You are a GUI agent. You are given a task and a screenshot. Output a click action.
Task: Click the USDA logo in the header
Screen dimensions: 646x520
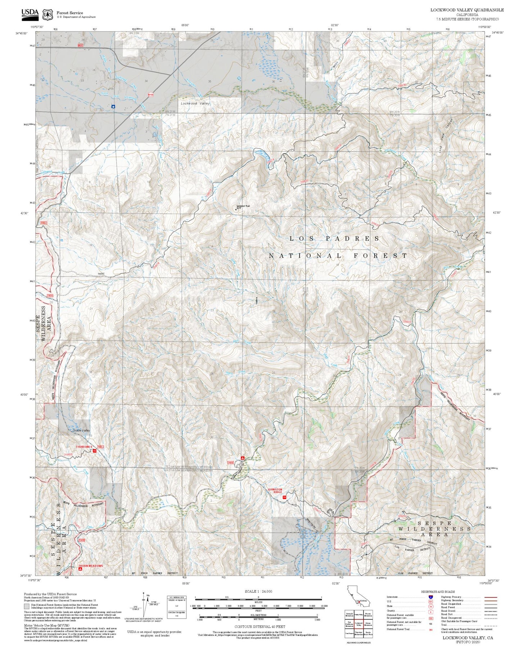30,13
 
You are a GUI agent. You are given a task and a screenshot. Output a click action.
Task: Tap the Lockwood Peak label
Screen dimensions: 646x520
243,206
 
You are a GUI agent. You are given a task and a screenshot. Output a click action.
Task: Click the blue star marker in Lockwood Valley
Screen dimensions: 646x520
113,107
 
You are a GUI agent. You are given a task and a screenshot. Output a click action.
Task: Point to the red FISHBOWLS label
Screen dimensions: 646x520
84,447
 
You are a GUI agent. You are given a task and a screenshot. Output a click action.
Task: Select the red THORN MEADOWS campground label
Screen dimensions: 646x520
90,566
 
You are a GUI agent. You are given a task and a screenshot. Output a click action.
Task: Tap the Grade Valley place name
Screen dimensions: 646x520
81,430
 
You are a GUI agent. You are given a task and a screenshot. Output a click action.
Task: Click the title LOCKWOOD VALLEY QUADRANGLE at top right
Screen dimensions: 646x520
467,10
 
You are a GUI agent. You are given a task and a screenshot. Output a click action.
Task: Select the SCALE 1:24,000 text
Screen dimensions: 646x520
258,591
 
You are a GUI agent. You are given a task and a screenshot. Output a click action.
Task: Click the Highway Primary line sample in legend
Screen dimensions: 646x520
490,597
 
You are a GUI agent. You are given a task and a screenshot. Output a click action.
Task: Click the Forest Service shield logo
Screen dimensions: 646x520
48,14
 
